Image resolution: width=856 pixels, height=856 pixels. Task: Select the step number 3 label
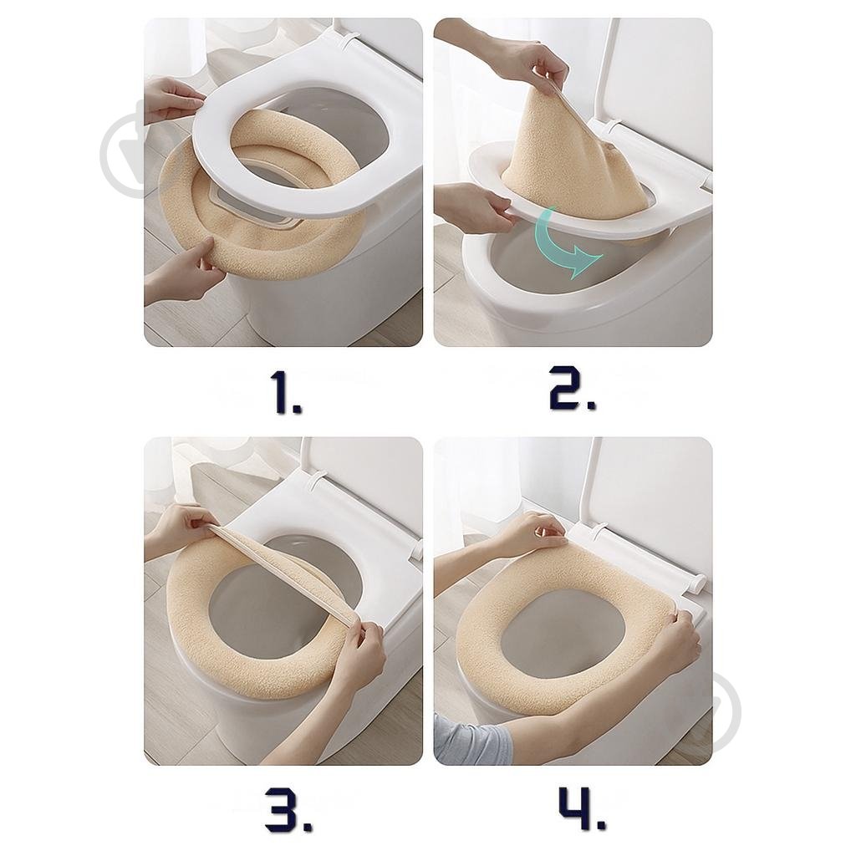[288, 808]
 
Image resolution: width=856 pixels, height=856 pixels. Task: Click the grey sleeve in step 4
[472, 740]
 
